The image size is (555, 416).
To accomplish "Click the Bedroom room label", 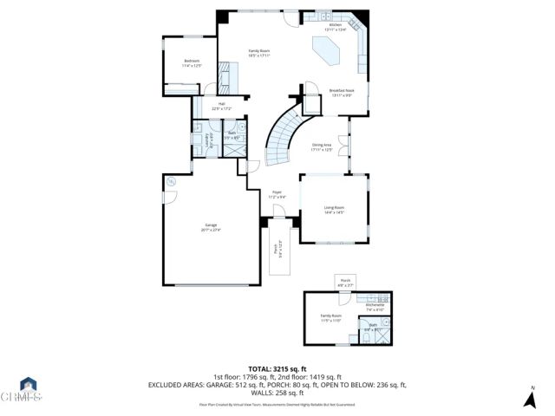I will click(192, 62).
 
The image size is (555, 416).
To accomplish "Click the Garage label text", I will click(211, 227).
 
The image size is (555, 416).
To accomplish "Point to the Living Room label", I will click(334, 210).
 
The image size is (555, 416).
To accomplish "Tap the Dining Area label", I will click(322, 147).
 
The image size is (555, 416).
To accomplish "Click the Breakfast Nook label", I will click(341, 92).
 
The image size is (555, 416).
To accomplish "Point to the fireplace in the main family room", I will click(225, 75).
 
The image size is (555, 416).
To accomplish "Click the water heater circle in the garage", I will click(171, 181).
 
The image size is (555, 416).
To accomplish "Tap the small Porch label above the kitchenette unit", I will click(345, 282).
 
